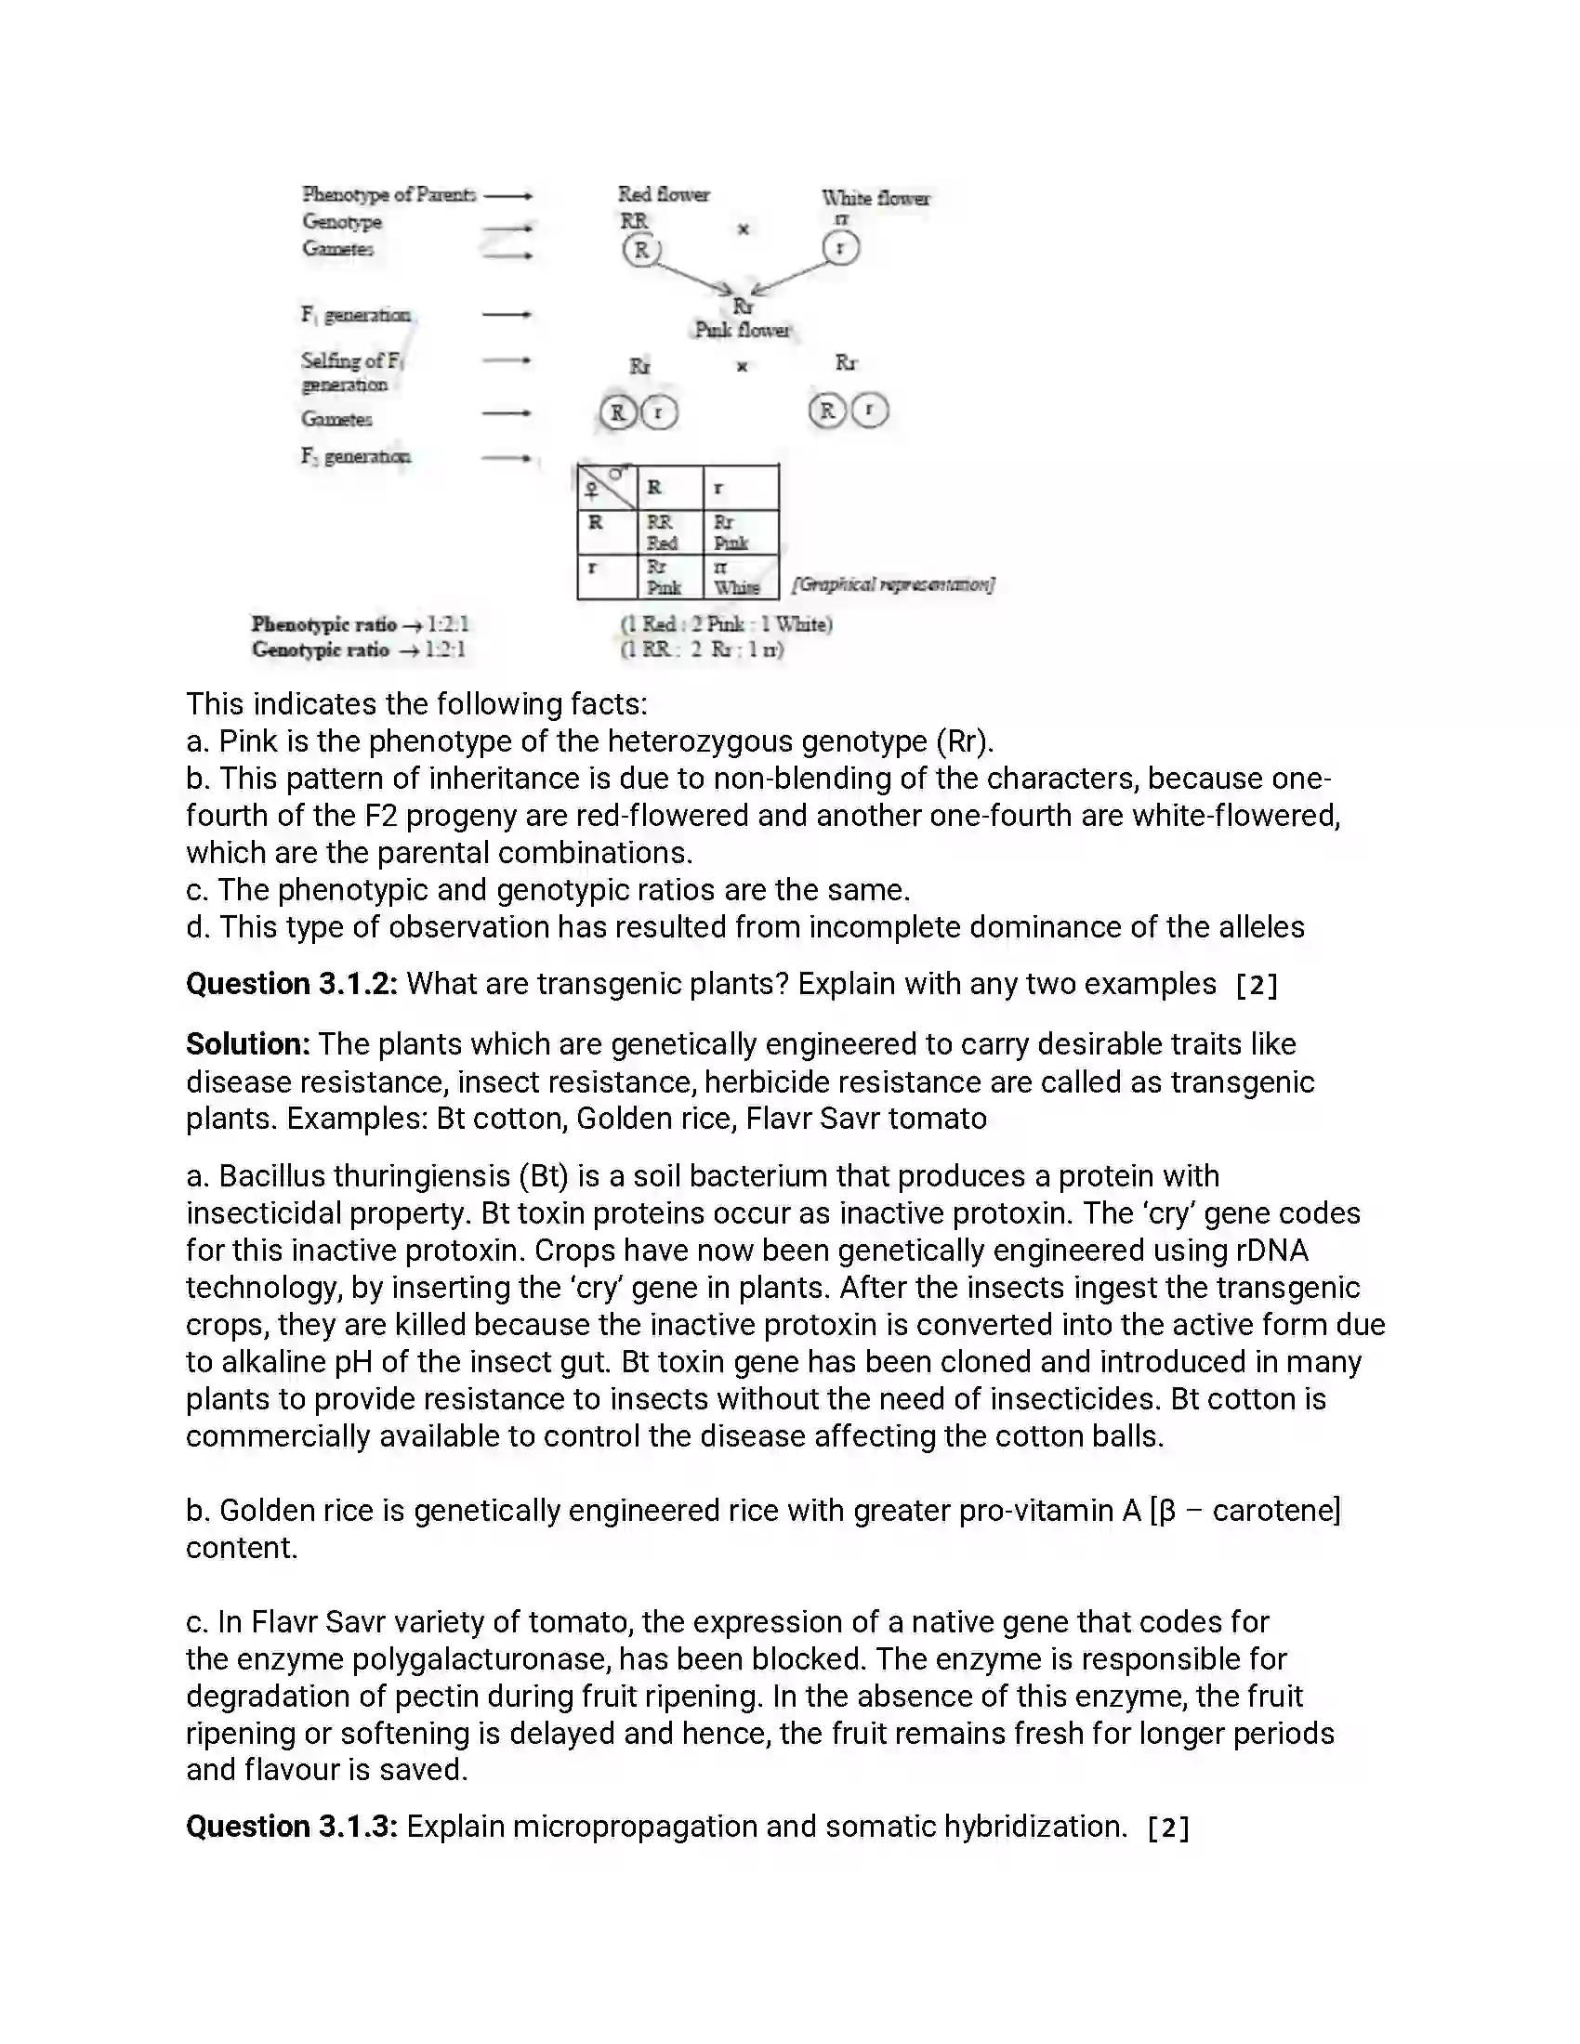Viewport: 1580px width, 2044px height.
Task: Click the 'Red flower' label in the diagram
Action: (x=663, y=194)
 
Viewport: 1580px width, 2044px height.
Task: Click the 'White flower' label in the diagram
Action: (x=876, y=198)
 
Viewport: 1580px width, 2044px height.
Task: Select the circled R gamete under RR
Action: (x=641, y=250)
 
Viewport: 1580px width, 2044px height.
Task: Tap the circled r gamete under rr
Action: (x=839, y=248)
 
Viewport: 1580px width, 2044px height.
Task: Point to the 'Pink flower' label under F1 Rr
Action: (x=742, y=330)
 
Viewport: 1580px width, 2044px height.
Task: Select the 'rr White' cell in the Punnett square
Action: (x=737, y=578)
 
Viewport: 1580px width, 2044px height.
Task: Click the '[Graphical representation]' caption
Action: (x=893, y=585)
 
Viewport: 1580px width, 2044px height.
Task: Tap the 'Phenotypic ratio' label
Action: (x=323, y=624)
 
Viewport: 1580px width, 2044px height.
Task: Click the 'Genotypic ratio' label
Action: (x=320, y=649)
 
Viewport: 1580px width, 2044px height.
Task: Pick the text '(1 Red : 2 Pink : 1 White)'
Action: (x=727, y=624)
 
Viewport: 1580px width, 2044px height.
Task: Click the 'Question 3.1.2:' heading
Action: (x=292, y=984)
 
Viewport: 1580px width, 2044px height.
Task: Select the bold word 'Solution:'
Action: (x=248, y=1043)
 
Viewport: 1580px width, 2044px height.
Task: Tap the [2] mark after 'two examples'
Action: (x=1257, y=986)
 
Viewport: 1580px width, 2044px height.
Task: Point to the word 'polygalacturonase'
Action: (x=426, y=1658)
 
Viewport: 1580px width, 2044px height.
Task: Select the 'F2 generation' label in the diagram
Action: (x=356, y=457)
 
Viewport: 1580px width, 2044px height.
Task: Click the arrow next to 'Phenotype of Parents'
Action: (x=508, y=196)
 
